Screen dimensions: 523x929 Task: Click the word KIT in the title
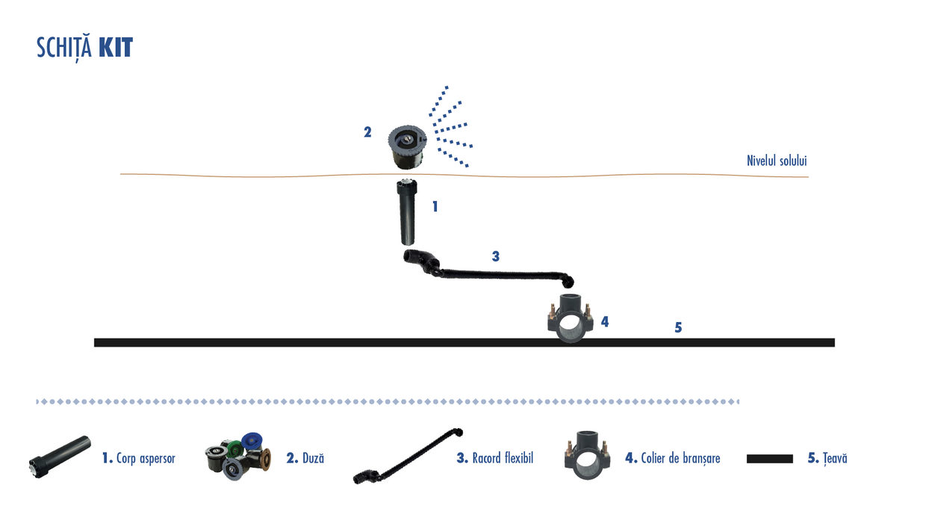115,48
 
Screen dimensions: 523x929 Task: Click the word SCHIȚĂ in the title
65,48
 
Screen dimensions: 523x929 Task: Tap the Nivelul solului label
777,161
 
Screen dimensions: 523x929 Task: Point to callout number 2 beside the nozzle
367,132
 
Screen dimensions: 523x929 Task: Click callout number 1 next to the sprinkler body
435,206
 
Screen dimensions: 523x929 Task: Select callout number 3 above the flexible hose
495,256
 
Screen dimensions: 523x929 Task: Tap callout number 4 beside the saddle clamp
605,321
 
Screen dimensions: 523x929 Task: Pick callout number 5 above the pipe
678,327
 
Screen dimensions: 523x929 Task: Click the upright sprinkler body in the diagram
407,212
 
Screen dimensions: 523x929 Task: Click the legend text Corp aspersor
146,458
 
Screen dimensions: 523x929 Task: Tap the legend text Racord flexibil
503,458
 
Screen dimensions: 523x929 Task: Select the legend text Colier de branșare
680,458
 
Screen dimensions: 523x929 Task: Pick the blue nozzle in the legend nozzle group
253,442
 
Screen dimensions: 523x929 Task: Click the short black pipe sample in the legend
769,459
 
